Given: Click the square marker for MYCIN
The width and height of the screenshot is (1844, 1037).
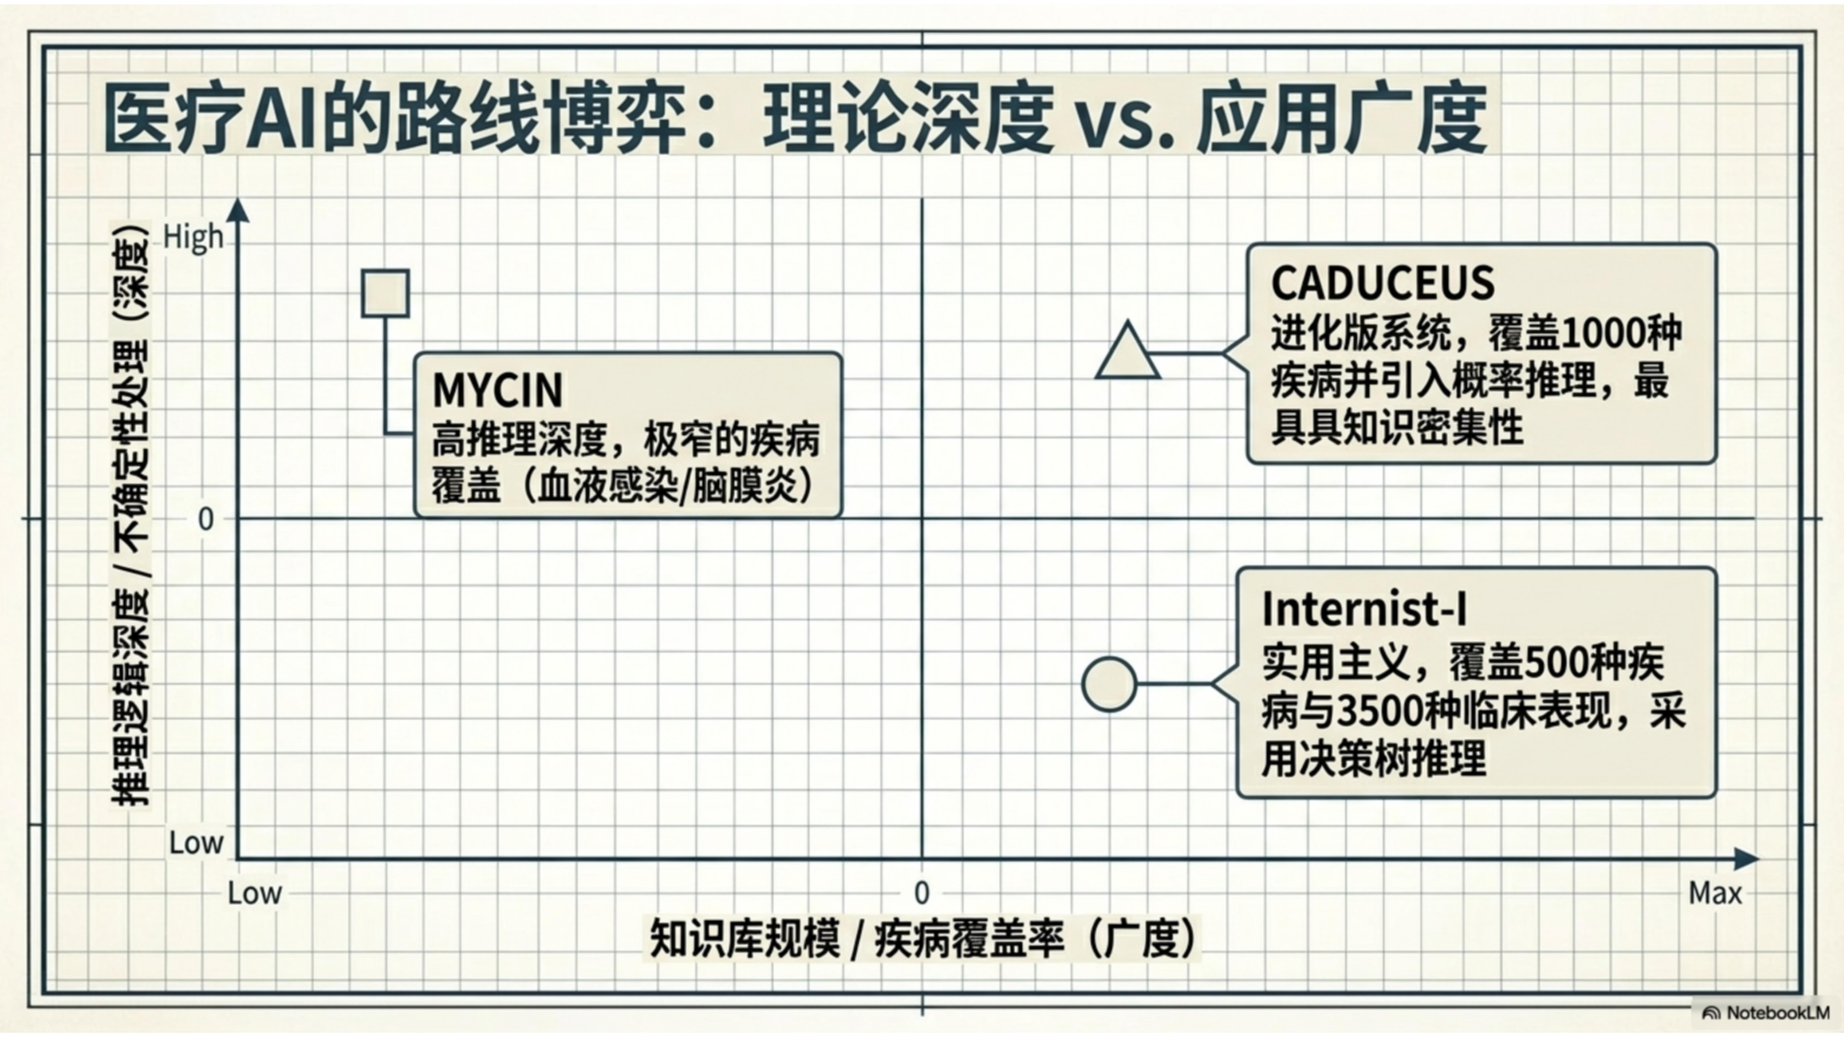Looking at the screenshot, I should (x=385, y=294).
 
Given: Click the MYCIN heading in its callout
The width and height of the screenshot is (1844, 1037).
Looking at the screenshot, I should (x=498, y=390).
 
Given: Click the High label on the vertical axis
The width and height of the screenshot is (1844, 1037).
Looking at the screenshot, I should (x=193, y=237).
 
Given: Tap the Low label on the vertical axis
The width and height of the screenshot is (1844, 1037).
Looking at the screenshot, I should (x=196, y=843).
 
